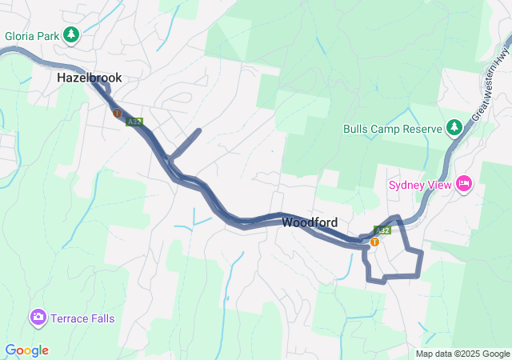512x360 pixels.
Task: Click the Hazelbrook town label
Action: [x=90, y=78]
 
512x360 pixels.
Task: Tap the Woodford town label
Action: [x=310, y=222]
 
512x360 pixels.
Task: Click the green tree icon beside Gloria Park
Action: [x=71, y=34]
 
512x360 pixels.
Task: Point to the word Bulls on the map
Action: [x=356, y=129]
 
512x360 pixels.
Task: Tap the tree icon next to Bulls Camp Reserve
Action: [x=454, y=127]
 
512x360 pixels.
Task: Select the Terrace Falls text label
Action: [x=82, y=318]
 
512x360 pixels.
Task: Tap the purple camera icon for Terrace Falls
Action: [x=38, y=318]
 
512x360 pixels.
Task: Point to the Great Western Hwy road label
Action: [x=490, y=83]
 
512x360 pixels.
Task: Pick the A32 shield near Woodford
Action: [x=383, y=230]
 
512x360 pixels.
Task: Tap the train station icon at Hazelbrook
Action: [x=117, y=114]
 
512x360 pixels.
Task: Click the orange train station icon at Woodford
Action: [x=374, y=241]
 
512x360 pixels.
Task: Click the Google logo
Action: [x=26, y=350]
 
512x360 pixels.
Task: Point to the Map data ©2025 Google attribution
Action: [x=462, y=354]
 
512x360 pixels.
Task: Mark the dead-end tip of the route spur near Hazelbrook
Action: [x=198, y=130]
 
